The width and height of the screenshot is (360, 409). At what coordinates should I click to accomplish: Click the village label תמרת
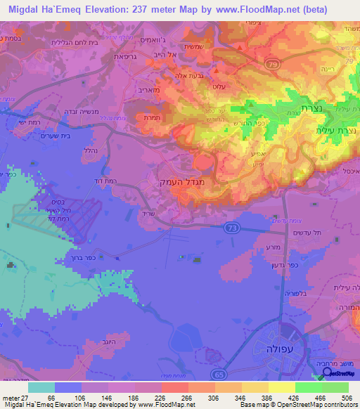(x=157, y=120)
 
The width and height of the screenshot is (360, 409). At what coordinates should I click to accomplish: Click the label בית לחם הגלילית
(x=67, y=43)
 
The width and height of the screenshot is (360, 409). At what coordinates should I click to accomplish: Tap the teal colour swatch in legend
(x=41, y=387)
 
